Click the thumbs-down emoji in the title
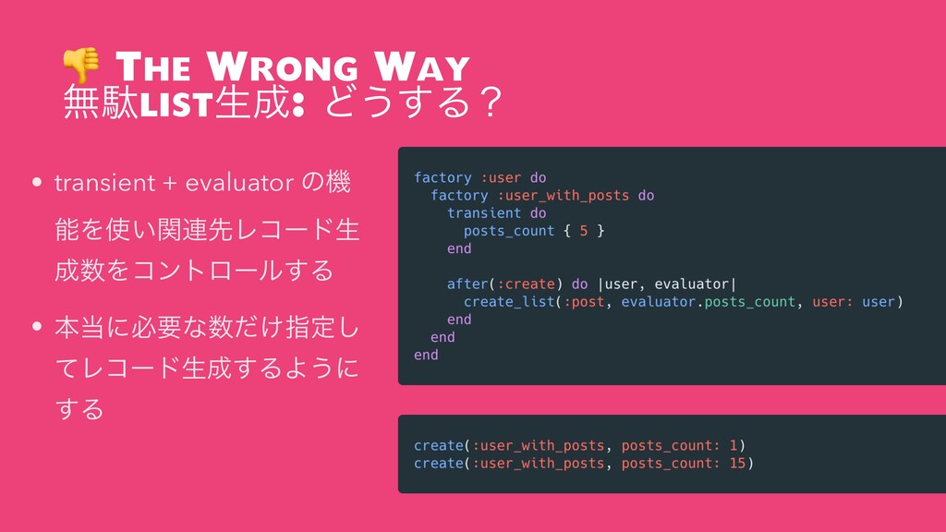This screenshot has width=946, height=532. click(x=81, y=65)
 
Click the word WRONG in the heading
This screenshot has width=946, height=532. click(x=283, y=66)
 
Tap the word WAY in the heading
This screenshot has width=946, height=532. click(x=421, y=66)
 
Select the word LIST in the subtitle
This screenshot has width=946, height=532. click(x=176, y=103)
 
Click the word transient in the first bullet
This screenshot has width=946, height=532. click(x=105, y=183)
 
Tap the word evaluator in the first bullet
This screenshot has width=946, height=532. click(x=239, y=183)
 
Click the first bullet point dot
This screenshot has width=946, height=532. click(x=37, y=182)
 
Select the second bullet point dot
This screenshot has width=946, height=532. click(x=37, y=326)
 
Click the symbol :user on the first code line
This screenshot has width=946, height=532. click(x=501, y=178)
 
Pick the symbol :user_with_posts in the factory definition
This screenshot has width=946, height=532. click(x=563, y=196)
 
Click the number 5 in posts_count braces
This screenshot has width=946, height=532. click(x=584, y=231)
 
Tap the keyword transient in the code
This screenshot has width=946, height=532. click(x=484, y=213)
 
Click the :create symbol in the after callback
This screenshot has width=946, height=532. click(x=526, y=284)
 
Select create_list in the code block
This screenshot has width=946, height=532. click(x=509, y=302)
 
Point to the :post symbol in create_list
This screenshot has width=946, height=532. click(x=584, y=302)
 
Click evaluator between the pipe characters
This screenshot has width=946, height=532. click(x=691, y=284)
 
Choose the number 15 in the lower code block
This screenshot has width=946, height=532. click(x=737, y=464)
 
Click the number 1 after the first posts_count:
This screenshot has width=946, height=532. click(x=733, y=446)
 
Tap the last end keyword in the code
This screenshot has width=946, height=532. click(x=426, y=356)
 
